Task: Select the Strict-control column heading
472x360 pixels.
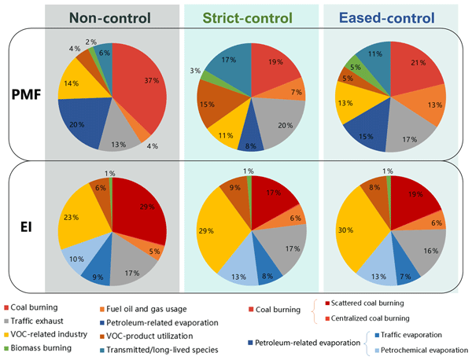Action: pyautogui.click(x=252, y=18)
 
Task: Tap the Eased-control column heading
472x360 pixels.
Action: pyautogui.click(x=388, y=18)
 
